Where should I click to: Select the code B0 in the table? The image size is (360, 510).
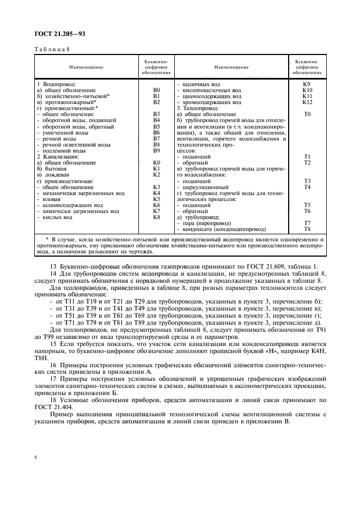(157, 90)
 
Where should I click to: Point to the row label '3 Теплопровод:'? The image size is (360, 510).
(198, 108)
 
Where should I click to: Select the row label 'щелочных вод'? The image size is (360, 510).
(200, 84)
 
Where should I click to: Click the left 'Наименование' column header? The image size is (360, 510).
(86, 67)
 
